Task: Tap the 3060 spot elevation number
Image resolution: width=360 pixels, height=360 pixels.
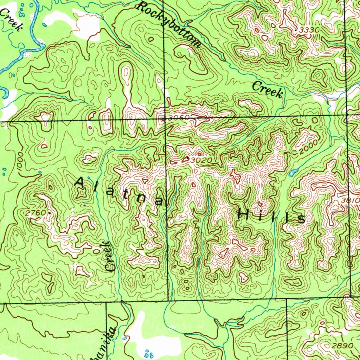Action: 177,118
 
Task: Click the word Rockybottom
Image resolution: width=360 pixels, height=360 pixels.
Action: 169,24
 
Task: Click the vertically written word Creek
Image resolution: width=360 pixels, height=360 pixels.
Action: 110,256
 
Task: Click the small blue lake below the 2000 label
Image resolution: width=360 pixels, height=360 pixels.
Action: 292,172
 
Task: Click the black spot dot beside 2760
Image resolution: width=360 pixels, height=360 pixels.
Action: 50,213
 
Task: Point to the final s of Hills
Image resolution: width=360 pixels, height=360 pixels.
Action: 301,219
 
